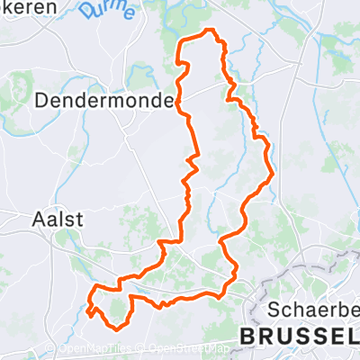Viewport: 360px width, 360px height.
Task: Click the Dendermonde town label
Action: (103, 101)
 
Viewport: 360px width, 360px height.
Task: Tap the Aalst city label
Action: (57, 219)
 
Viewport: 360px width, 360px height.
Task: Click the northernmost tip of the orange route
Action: (212, 31)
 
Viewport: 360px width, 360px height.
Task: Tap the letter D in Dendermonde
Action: (40, 101)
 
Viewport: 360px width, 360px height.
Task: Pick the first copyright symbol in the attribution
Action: (64, 349)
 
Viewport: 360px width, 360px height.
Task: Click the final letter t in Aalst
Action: (79, 219)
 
